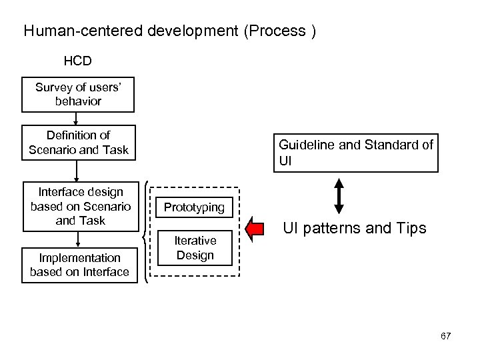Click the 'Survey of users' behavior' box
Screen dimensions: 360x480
pos(78,95)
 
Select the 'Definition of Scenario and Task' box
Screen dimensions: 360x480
pos(78,143)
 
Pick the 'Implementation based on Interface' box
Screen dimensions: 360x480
pos(79,265)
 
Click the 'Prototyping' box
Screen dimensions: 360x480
pos(194,207)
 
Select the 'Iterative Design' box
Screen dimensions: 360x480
pos(195,247)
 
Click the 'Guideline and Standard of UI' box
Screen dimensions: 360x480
pos(356,153)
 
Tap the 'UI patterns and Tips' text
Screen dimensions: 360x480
pos(354,229)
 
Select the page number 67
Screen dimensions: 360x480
pos(445,336)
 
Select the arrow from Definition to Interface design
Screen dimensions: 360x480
pos(77,170)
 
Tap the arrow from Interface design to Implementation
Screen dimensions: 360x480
pos(79,239)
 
